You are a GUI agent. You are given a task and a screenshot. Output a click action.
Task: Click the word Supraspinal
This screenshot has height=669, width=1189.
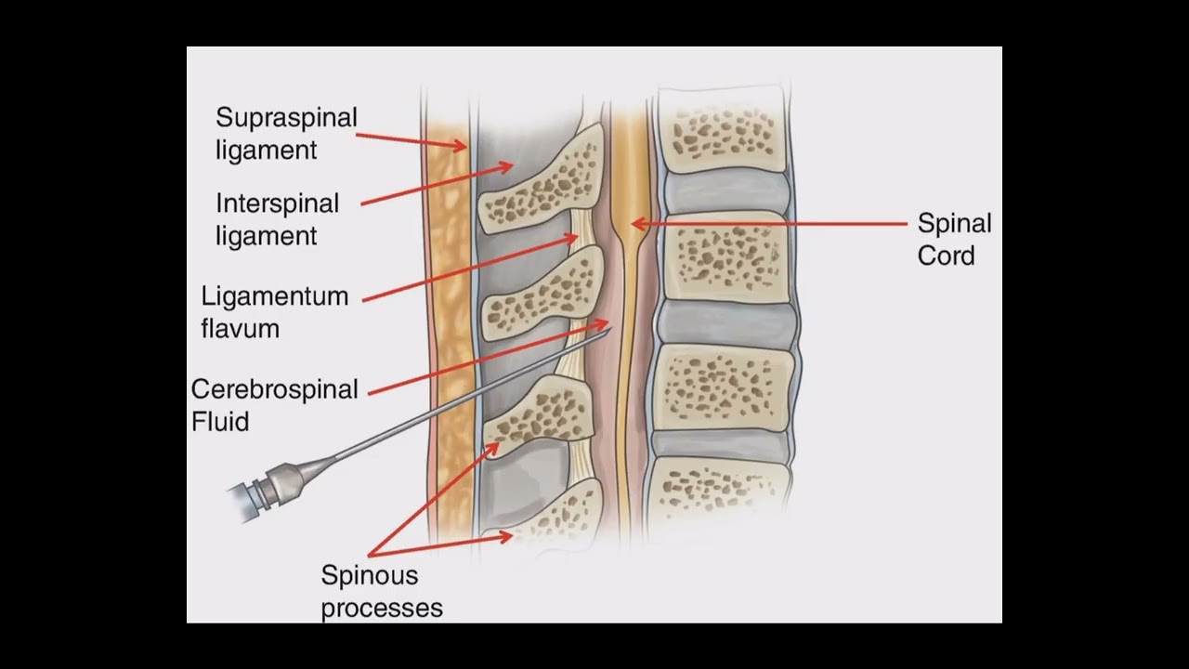pos(286,118)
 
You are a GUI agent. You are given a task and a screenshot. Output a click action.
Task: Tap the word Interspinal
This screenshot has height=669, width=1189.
pos(277,203)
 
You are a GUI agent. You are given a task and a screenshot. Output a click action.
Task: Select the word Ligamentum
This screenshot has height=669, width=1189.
pos(275,297)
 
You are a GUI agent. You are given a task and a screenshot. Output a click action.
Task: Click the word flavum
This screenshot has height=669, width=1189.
pos(240,328)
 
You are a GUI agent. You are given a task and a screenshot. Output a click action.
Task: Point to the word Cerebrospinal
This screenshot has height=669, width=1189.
pos(275,389)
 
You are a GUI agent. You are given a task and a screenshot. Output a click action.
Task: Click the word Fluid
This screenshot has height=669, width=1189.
pos(220,422)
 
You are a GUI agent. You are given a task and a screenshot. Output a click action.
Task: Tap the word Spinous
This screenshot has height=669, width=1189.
pos(369,575)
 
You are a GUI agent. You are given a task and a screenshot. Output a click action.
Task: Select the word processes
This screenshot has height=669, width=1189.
pos(382,609)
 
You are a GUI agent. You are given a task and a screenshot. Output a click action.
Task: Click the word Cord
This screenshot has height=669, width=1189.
pos(946,256)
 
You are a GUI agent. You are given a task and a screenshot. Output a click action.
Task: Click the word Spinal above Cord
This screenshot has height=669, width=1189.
pos(954,224)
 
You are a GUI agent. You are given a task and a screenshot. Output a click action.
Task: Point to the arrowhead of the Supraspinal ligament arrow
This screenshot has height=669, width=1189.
pos(461,145)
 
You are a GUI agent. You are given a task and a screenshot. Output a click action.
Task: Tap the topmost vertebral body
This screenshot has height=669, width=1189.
pos(724,135)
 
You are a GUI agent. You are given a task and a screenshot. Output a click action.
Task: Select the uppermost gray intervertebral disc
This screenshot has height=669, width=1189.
pos(724,192)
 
